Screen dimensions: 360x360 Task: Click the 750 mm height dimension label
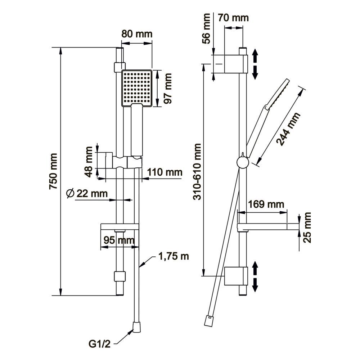click(x=53, y=172)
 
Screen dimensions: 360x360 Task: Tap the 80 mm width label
click(x=137, y=34)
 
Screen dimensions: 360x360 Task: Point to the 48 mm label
click(x=91, y=160)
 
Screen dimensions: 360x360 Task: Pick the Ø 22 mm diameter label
click(x=87, y=194)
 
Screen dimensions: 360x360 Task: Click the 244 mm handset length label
click(x=288, y=129)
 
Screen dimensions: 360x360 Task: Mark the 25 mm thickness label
click(x=307, y=228)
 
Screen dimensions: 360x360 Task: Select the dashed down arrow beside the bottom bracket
click(x=255, y=284)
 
